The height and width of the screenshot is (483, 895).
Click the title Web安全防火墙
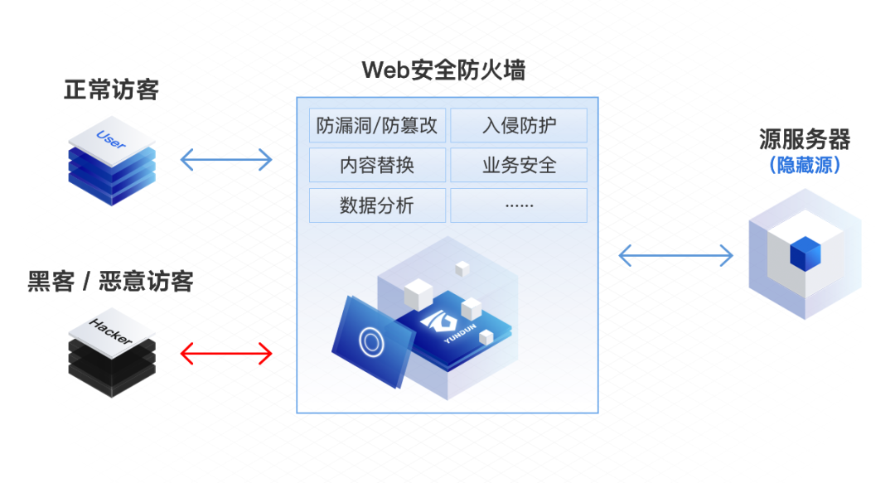pyautogui.click(x=443, y=70)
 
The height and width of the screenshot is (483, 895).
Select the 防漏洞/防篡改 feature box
pyautogui.click(x=377, y=125)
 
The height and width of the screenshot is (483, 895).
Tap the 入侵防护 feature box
pyautogui.click(x=519, y=125)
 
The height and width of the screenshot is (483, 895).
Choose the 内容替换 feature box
pyautogui.click(x=377, y=165)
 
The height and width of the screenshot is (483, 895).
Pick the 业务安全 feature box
pyautogui.click(x=519, y=165)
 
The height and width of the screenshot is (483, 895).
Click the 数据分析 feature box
pyautogui.click(x=377, y=205)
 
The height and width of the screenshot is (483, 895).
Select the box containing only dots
pyautogui.click(x=519, y=205)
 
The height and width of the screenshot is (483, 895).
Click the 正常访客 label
pyautogui.click(x=111, y=89)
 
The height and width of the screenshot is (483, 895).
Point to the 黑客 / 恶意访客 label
pyautogui.click(x=111, y=281)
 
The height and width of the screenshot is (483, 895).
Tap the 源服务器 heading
pyautogui.click(x=805, y=138)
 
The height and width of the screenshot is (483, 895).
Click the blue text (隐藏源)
pyautogui.click(x=805, y=165)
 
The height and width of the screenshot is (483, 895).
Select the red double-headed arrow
pyautogui.click(x=226, y=354)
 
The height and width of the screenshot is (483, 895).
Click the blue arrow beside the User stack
pyautogui.click(x=226, y=160)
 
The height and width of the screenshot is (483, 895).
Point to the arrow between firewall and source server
pyautogui.click(x=676, y=255)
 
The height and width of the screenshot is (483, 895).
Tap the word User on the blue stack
pyautogui.click(x=111, y=139)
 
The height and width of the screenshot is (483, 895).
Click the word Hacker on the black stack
pyautogui.click(x=110, y=331)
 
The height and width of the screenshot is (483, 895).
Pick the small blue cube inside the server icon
pyautogui.click(x=805, y=254)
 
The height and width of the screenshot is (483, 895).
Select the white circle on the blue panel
pyautogui.click(x=371, y=342)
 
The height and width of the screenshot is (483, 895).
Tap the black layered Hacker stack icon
pyautogui.click(x=112, y=353)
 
